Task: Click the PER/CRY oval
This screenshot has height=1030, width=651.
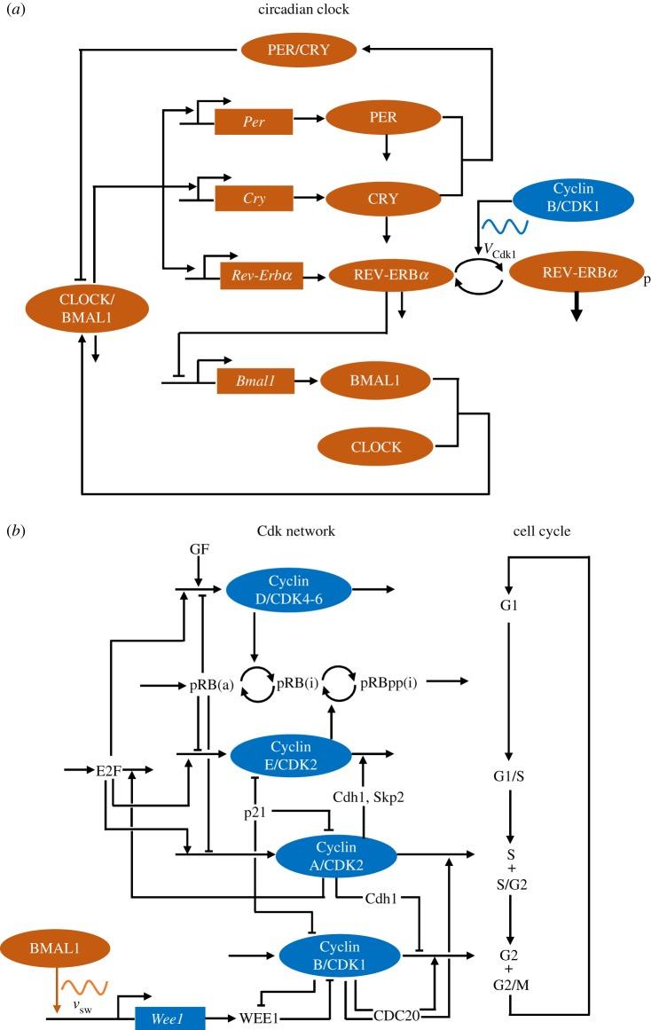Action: (302, 50)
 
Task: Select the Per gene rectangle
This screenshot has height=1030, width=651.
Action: (254, 118)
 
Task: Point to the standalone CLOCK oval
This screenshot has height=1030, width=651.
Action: (375, 447)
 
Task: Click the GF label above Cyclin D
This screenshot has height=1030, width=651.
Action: (199, 551)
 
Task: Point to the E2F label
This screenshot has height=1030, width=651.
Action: (107, 770)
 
